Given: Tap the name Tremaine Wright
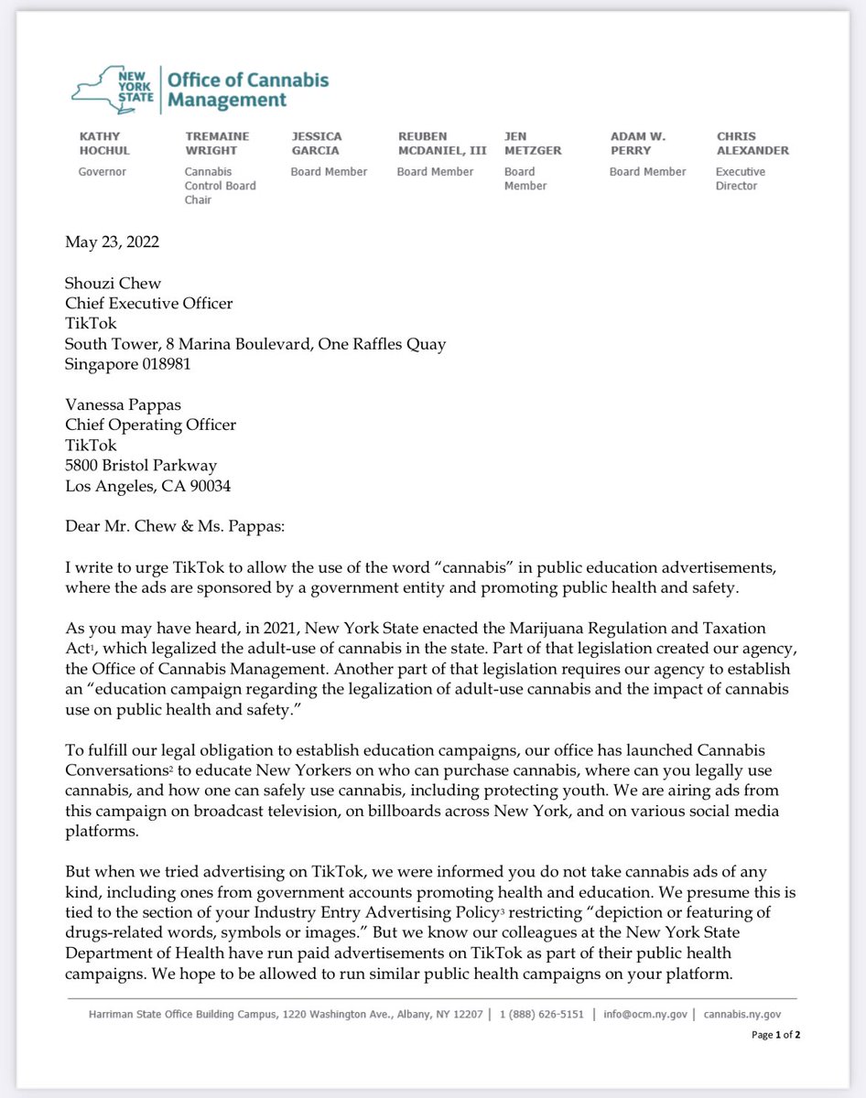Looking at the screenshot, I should pyautogui.click(x=217, y=144).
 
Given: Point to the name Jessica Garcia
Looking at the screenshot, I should pyautogui.click(x=316, y=144).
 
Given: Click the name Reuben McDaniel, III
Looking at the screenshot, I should pyautogui.click(x=441, y=144).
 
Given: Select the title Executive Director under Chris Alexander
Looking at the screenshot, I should pyautogui.click(x=741, y=178).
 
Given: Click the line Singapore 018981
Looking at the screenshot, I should pyautogui.click(x=128, y=364).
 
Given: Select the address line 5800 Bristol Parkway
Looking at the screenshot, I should pyautogui.click(x=141, y=466).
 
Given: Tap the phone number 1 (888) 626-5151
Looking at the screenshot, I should pyautogui.click(x=543, y=1014).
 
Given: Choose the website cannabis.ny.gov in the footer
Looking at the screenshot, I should pyautogui.click(x=742, y=1014).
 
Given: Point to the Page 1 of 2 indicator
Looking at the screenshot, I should pyautogui.click(x=774, y=1035).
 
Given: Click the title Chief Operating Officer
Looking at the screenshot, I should pyautogui.click(x=150, y=425).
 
